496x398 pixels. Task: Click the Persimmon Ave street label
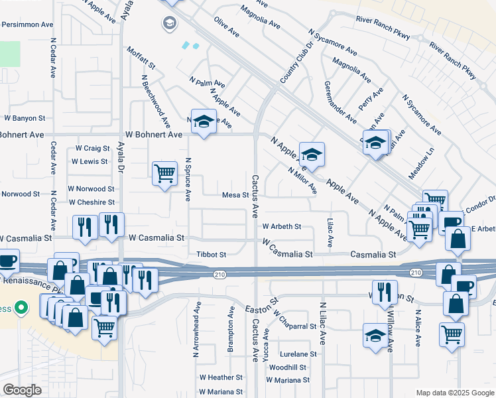click(x=27, y=25)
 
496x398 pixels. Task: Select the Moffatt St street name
click(x=140, y=58)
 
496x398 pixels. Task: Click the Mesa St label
click(x=235, y=195)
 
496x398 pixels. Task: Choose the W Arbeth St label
click(x=281, y=226)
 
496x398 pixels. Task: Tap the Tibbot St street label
click(x=212, y=254)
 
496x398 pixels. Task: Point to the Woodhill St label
click(x=288, y=367)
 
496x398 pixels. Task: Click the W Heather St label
click(x=217, y=377)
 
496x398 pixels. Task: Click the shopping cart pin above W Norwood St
click(x=164, y=174)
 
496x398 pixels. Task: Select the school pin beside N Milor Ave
click(x=311, y=155)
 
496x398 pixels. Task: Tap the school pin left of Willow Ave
click(x=375, y=336)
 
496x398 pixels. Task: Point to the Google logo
click(x=22, y=390)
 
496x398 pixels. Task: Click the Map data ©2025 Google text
click(x=454, y=393)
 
